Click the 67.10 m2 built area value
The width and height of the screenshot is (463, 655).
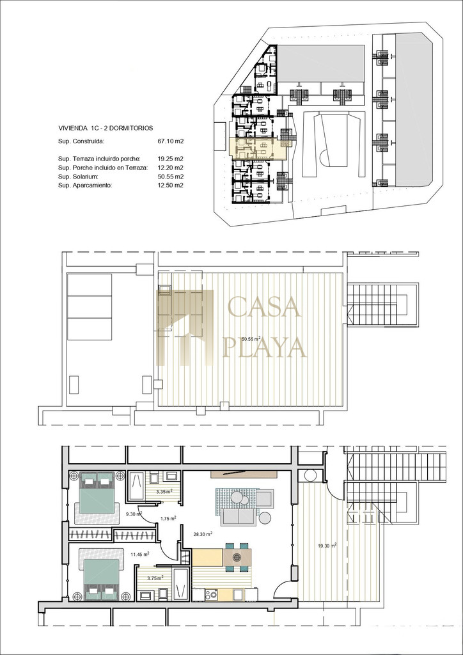(x=171, y=141)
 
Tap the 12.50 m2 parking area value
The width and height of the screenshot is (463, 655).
(x=171, y=185)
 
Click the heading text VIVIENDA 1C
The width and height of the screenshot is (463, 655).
(x=78, y=127)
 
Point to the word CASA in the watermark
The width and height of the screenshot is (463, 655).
(x=265, y=306)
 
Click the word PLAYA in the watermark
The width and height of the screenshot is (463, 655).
(x=265, y=347)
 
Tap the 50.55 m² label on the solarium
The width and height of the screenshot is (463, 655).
(x=251, y=339)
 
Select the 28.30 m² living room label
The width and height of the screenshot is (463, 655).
(x=203, y=533)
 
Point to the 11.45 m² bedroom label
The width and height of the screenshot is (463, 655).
(x=140, y=554)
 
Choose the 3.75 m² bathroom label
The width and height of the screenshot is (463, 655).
(x=156, y=578)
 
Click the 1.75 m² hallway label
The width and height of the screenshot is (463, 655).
(x=167, y=519)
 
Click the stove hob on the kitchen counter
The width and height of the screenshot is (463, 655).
(x=212, y=594)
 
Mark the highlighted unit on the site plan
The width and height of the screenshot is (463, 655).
(x=257, y=148)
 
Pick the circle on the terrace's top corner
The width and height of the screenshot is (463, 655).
(x=310, y=475)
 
